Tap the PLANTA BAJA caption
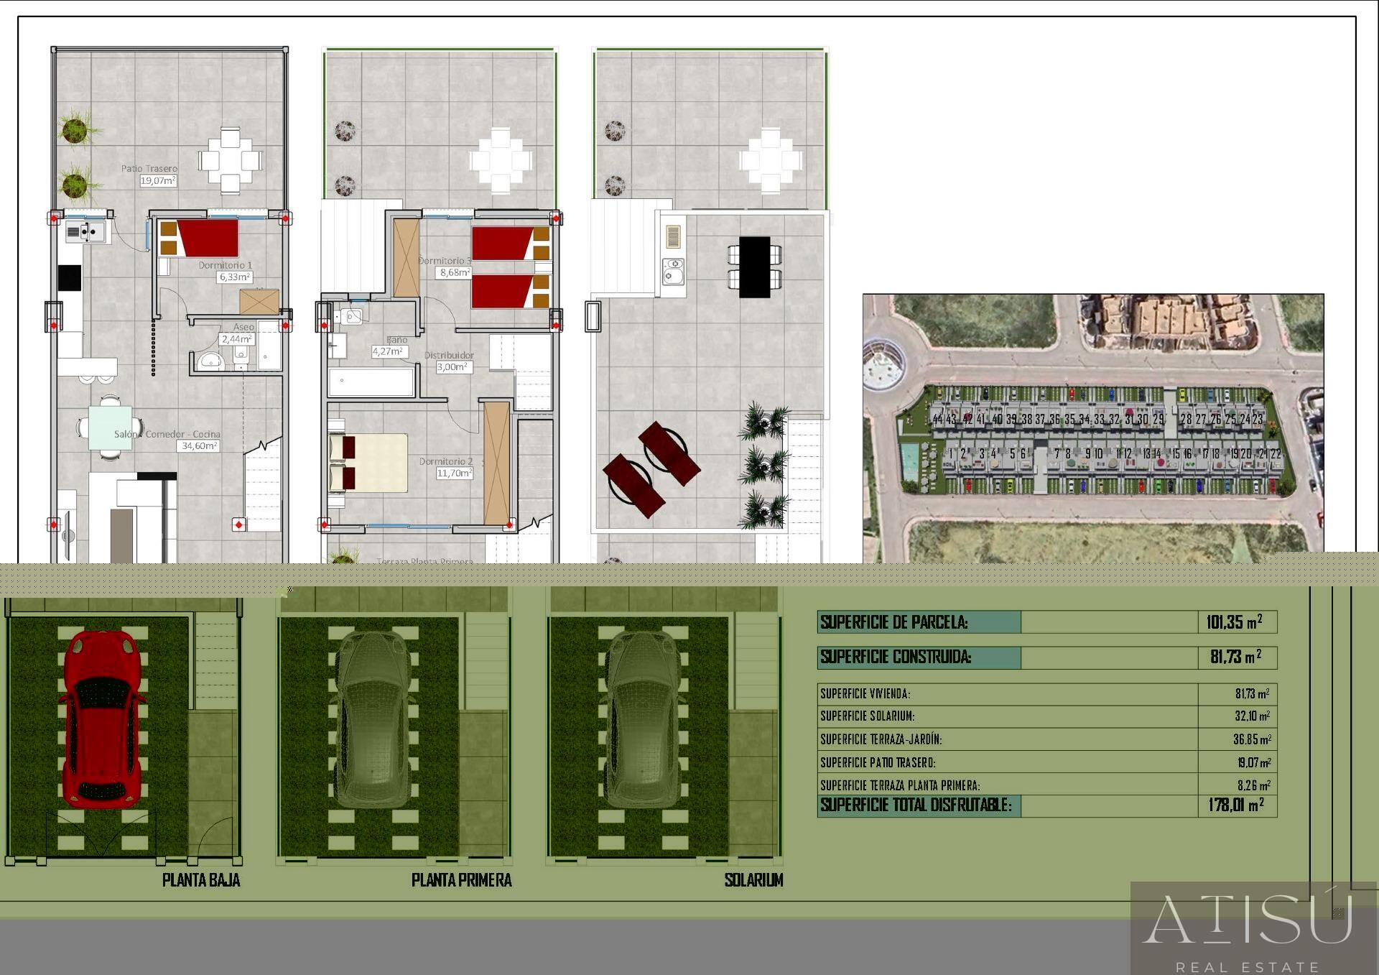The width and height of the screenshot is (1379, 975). click(x=201, y=880)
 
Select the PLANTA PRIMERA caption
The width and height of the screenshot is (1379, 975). click(x=461, y=880)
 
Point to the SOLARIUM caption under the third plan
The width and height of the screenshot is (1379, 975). click(x=753, y=880)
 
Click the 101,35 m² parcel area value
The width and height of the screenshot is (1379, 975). click(x=1234, y=622)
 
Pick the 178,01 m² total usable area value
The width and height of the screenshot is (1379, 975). click(x=1235, y=805)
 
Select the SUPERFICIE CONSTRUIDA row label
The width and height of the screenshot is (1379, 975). click(x=896, y=657)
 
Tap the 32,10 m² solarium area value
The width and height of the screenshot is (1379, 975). click(x=1252, y=716)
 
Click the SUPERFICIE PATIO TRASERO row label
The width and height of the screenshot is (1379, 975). click(x=878, y=763)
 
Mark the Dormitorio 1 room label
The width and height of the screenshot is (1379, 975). click(x=225, y=265)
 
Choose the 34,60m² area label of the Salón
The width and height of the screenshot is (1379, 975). click(x=198, y=446)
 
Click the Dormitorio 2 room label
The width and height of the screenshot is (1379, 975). click(x=445, y=461)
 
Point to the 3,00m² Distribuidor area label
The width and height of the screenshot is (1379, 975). click(x=453, y=367)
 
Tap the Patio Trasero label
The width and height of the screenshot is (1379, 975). click(x=149, y=169)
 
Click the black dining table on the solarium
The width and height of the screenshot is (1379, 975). click(x=754, y=267)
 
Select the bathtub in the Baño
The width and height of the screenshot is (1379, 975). click(x=371, y=382)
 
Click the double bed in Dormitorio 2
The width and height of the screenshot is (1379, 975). click(x=368, y=463)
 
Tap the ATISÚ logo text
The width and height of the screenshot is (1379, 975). click(x=1247, y=920)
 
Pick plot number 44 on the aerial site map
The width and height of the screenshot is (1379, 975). click(x=937, y=419)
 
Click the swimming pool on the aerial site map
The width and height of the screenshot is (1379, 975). click(x=910, y=461)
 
